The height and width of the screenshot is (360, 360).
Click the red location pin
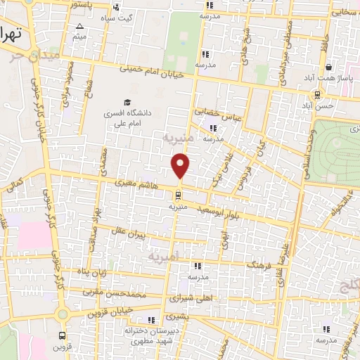pyautogui.click(x=181, y=165)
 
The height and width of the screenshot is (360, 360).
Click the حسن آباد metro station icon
pyautogui.click(x=318, y=94)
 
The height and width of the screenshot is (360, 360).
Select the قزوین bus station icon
pyautogui.click(x=63, y=335)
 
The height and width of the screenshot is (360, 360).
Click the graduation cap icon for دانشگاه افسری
pyautogui.click(x=127, y=103)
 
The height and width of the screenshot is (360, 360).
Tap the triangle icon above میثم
pyautogui.click(x=79, y=26)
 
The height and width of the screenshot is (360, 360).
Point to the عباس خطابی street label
pyautogui.click(x=221, y=115)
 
